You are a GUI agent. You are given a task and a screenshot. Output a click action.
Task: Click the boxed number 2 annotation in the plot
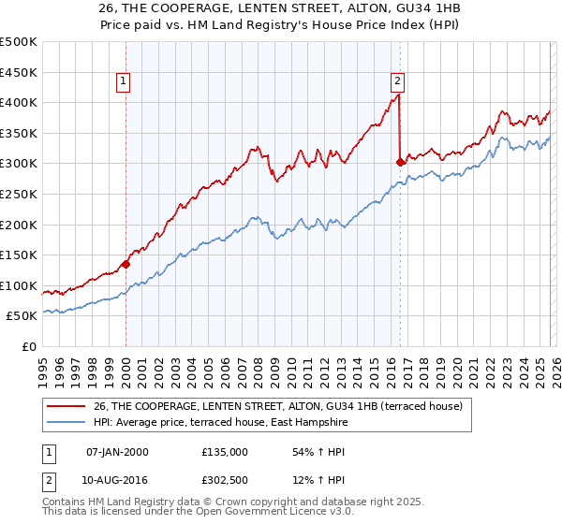[x=398, y=81]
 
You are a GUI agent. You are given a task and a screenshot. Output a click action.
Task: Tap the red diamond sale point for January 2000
[x=126, y=264]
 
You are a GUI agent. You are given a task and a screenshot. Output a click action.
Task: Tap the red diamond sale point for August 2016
[x=400, y=162]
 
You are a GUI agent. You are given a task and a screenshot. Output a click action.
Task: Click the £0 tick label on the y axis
[x=27, y=346]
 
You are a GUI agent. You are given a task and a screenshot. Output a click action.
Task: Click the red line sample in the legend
[x=66, y=406]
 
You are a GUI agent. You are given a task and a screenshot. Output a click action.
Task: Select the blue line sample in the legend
[x=66, y=423]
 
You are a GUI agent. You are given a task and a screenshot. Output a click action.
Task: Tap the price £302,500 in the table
[x=224, y=481]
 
